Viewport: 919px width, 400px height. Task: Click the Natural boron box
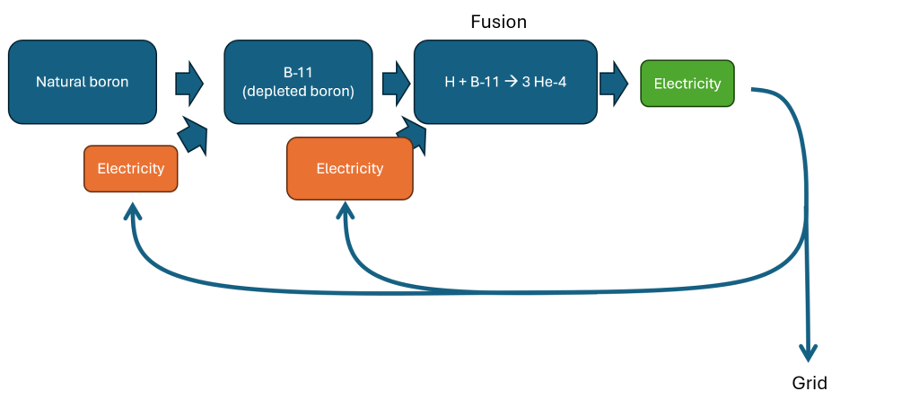click(x=83, y=82)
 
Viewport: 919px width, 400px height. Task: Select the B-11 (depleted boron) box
click(x=298, y=82)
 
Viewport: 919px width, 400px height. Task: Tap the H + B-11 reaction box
click(x=505, y=82)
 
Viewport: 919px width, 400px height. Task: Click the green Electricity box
click(x=687, y=84)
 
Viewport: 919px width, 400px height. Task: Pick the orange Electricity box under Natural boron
click(x=130, y=168)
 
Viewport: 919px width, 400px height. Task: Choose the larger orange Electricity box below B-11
click(x=349, y=168)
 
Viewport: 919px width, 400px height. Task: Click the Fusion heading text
click(x=498, y=22)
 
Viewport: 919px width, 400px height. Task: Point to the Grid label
click(x=810, y=383)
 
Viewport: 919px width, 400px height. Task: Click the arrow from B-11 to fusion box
click(x=395, y=84)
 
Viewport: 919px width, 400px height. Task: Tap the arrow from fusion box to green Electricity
click(x=614, y=83)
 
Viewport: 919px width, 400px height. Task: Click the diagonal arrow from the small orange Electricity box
click(x=195, y=135)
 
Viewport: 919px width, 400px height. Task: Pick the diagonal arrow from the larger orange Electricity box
click(x=413, y=136)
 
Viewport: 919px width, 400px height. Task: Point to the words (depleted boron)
click(x=298, y=91)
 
